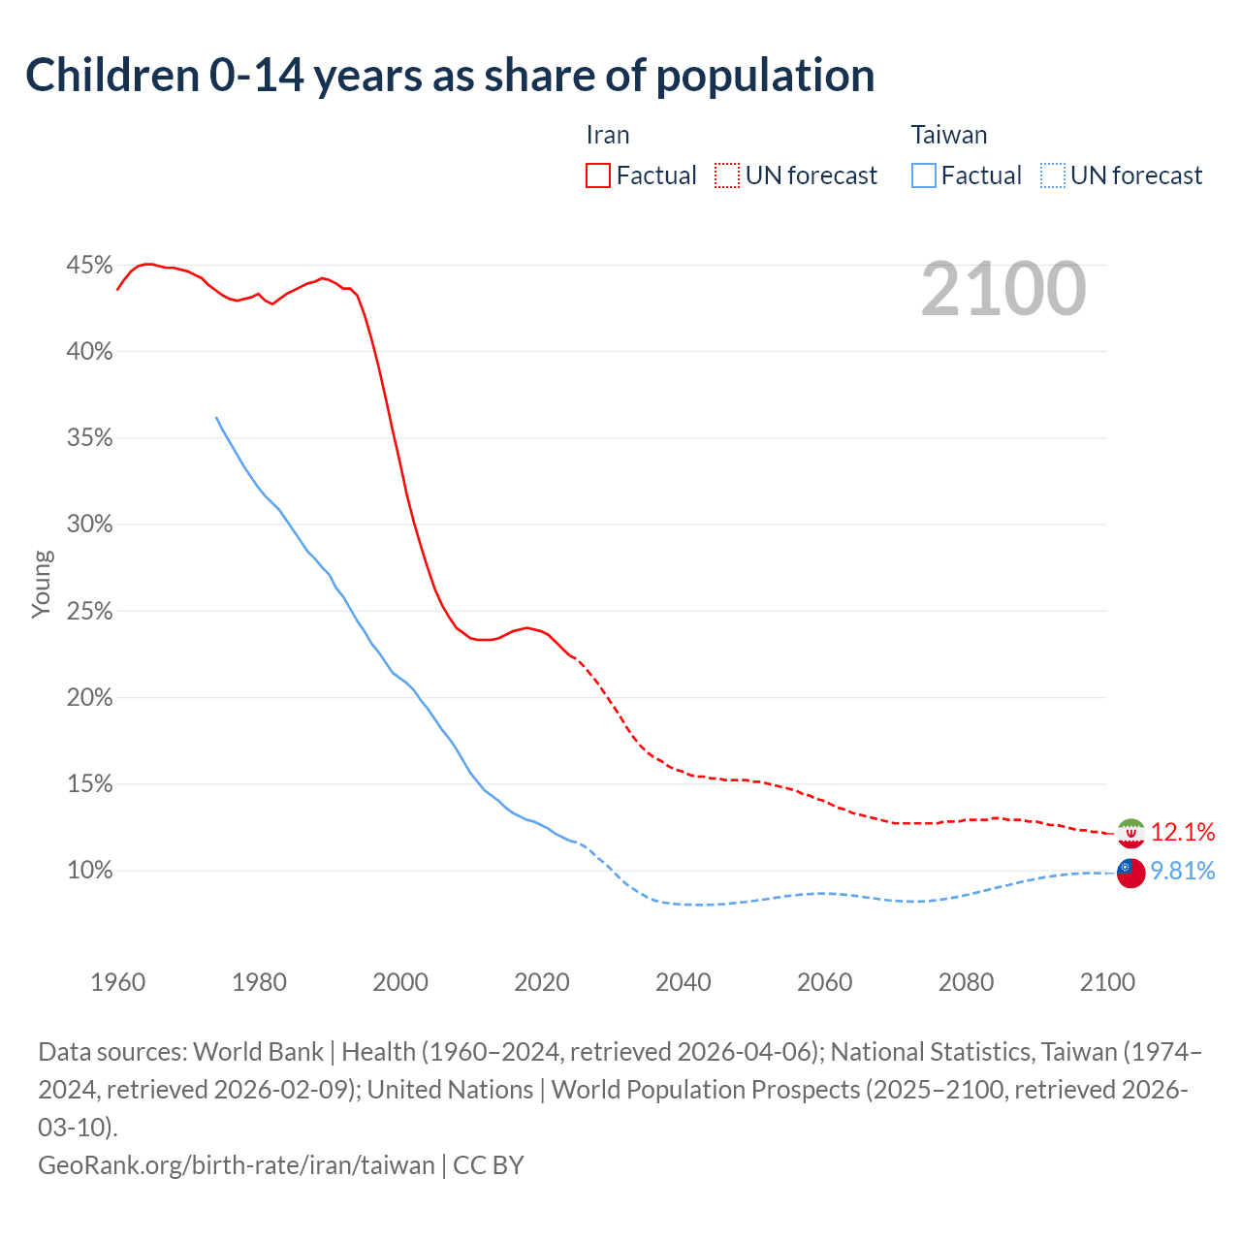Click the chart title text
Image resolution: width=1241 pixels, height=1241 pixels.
(x=450, y=76)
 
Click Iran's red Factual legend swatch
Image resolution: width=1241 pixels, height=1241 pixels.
(x=598, y=175)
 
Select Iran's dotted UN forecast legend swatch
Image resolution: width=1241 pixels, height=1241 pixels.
(x=727, y=175)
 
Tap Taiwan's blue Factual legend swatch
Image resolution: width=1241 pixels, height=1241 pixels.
(x=924, y=175)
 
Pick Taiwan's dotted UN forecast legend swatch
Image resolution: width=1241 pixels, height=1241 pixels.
(x=1053, y=175)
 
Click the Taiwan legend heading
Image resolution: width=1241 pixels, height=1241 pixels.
(x=948, y=135)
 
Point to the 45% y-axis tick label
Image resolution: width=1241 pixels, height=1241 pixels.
(x=89, y=265)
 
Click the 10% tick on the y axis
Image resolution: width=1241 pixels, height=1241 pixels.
(x=89, y=870)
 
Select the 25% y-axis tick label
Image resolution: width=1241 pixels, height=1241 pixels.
(x=89, y=611)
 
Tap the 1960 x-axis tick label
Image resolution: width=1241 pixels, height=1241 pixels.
(x=117, y=982)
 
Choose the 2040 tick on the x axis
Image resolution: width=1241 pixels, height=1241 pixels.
(x=683, y=982)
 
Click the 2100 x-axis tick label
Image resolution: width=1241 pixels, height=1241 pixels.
(x=1107, y=982)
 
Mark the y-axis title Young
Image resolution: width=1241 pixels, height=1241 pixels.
(x=43, y=584)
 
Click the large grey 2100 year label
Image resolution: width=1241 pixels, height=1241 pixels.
(x=1002, y=289)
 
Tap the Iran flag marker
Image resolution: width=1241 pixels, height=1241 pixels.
(x=1130, y=833)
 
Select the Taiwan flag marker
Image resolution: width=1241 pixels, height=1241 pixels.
(x=1130, y=873)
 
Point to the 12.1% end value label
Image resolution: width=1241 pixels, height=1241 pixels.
(x=1183, y=832)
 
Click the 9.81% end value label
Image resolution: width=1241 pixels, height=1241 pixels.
(x=1183, y=871)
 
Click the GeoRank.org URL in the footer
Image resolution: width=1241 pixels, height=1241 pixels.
(x=236, y=1164)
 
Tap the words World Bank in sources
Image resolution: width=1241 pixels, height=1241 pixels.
(x=258, y=1052)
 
